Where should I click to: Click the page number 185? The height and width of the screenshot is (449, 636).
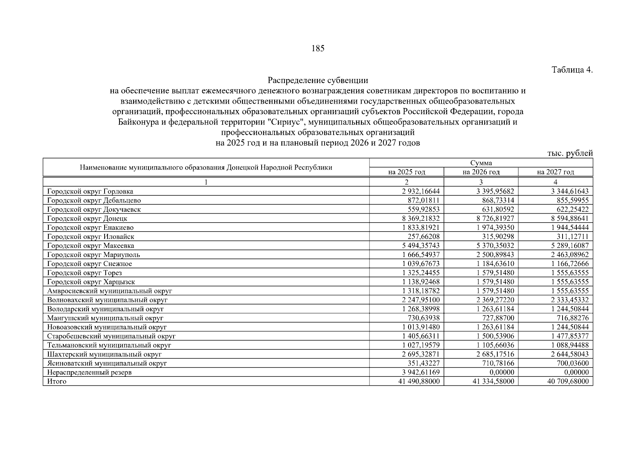click(x=318, y=48)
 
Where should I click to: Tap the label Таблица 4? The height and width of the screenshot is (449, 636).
click(x=572, y=70)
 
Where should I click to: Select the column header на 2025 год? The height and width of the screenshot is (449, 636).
click(x=407, y=172)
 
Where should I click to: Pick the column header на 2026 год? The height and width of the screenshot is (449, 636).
click(x=481, y=172)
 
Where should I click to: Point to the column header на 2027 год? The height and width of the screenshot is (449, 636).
click(x=555, y=172)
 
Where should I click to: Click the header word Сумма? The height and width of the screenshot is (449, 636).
click(x=481, y=163)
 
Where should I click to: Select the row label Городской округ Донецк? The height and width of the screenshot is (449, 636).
click(x=87, y=219)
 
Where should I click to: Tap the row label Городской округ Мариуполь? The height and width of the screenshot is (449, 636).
click(x=94, y=255)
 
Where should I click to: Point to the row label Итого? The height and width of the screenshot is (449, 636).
click(x=57, y=381)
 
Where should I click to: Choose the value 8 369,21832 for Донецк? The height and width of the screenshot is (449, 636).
click(x=421, y=219)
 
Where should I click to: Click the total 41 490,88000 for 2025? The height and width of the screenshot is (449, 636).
click(x=419, y=381)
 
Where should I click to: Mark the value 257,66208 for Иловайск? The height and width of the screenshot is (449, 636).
click(x=424, y=236)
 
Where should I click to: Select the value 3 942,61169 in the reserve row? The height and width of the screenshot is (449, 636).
click(x=421, y=372)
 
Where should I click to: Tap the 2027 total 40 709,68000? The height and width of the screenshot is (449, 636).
click(x=568, y=381)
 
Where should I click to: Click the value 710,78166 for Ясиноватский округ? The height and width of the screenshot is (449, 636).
click(x=498, y=363)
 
